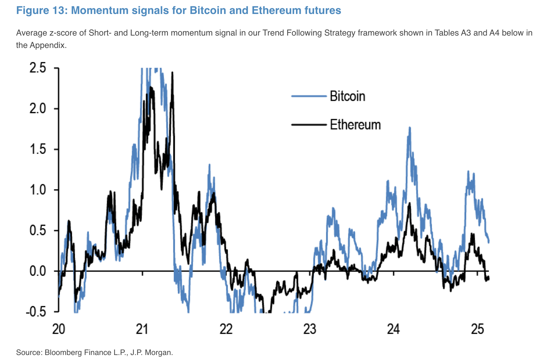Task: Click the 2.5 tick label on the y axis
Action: (38, 68)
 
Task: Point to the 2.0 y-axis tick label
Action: (38, 109)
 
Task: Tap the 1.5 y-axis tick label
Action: (38, 149)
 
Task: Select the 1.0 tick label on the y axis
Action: (38, 190)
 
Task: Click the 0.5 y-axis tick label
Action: (38, 231)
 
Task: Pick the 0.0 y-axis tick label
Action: (38, 271)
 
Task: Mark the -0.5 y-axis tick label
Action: (36, 312)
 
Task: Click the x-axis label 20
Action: (58, 329)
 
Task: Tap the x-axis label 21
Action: (142, 329)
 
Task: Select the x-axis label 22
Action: (226, 329)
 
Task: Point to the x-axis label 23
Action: (310, 329)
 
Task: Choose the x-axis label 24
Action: (394, 329)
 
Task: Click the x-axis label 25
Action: (477, 329)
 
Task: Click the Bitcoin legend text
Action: (347, 96)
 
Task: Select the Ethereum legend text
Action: (355, 124)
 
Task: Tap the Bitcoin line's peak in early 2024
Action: (409, 128)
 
